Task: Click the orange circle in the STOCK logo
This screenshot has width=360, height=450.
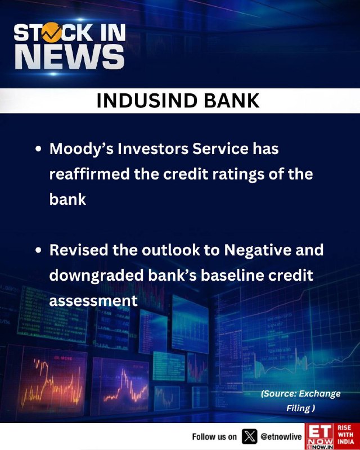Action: tap(52, 32)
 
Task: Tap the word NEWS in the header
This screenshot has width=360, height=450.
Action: tap(70, 57)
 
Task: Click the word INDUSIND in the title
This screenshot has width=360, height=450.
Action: tap(146, 101)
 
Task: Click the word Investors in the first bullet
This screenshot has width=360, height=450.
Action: tap(153, 149)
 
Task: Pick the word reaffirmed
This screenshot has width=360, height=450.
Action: tap(89, 174)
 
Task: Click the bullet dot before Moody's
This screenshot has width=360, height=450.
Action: tap(38, 150)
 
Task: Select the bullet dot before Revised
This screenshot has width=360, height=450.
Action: tap(38, 250)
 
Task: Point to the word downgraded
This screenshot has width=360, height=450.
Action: tap(96, 276)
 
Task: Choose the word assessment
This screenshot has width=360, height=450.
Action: tap(93, 301)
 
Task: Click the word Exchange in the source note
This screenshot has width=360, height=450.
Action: tap(320, 394)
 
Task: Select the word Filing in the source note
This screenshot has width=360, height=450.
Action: tap(299, 408)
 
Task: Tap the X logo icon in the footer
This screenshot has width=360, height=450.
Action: tap(249, 436)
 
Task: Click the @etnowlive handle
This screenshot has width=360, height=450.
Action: tap(281, 437)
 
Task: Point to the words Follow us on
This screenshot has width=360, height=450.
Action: tap(214, 437)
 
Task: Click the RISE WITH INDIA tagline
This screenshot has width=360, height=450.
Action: tap(346, 434)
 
